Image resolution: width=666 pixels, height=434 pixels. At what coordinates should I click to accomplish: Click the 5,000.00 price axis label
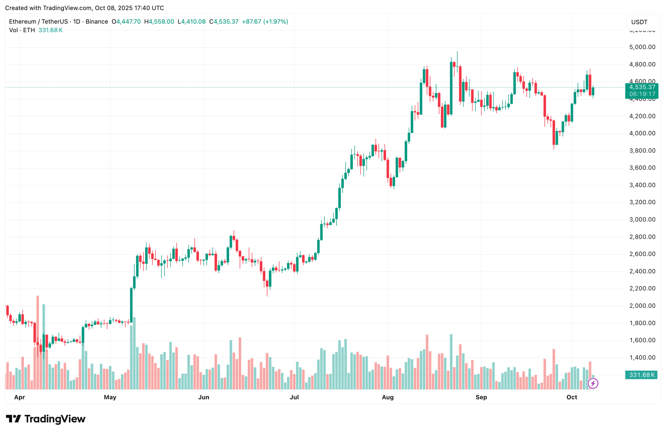[x=642, y=47]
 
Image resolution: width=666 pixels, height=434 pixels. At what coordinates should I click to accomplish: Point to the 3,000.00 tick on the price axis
[x=642, y=219]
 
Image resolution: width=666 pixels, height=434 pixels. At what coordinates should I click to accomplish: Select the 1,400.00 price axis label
[x=642, y=358]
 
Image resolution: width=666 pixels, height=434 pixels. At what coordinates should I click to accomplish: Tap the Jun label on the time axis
[x=204, y=397]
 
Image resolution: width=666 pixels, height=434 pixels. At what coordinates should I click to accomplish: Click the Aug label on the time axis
[x=388, y=397]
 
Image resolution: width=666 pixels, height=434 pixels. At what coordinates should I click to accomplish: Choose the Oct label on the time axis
[x=572, y=397]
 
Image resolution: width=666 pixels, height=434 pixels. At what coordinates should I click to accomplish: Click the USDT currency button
[x=639, y=22]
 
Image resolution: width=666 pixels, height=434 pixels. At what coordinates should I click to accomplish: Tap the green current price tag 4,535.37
[x=642, y=87]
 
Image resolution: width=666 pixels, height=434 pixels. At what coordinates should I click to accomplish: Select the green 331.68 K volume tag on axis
[x=641, y=375]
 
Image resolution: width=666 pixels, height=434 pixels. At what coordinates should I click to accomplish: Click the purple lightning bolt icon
[x=593, y=384]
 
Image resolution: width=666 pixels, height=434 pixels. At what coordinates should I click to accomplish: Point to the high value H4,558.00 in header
[x=159, y=22]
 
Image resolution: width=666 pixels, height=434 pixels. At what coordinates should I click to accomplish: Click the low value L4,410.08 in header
[x=192, y=22]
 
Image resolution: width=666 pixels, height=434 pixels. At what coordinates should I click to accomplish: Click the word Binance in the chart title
[x=97, y=22]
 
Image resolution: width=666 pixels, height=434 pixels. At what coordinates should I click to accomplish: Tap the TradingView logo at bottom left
[x=46, y=419]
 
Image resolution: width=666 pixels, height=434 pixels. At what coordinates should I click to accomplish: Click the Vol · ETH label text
[x=22, y=30]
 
